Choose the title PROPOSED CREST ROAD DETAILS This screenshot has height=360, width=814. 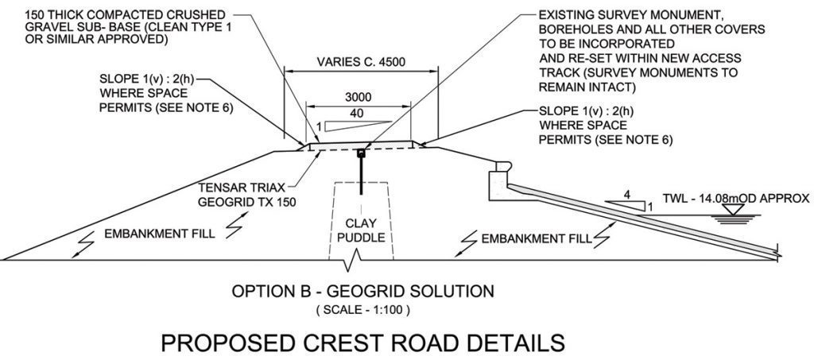tap(362, 343)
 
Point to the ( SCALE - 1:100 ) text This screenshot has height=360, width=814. tap(362, 309)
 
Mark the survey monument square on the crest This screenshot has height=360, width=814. tap(362, 153)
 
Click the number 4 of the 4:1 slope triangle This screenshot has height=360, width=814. tap(628, 192)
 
